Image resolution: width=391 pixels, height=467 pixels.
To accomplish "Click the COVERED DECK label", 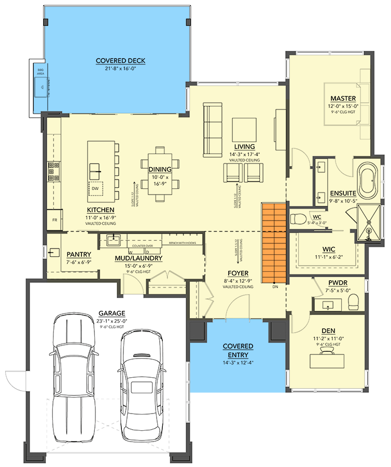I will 120,61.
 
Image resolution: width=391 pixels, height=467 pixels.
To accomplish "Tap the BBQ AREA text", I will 40,71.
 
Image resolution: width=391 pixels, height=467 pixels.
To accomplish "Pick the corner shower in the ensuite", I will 368,223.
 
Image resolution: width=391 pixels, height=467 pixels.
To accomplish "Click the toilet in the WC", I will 299,218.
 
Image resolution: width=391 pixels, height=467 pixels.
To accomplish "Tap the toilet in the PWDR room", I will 354,301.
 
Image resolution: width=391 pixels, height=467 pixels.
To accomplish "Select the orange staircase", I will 274,242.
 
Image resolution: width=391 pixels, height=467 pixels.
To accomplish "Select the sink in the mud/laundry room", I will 113,240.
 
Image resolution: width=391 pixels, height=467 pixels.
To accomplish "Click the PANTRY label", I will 79,254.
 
